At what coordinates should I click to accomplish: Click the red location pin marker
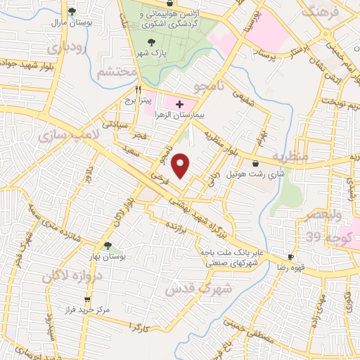181,165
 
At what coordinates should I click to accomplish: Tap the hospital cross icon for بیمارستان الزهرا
179,104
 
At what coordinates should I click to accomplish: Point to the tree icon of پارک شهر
143,41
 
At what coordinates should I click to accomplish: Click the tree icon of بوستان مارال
72,11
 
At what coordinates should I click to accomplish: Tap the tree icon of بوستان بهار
108,245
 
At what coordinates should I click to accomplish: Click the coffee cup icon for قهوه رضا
290,258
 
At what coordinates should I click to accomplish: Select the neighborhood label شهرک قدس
188,287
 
